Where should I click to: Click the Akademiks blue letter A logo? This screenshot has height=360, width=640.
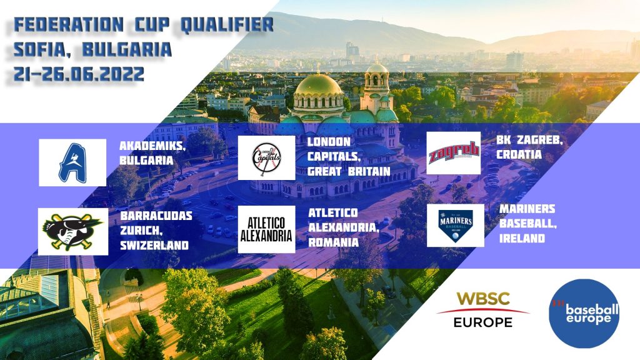(x=72, y=162)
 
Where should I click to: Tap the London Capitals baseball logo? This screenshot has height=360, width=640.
(x=266, y=158)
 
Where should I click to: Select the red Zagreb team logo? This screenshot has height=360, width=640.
(x=454, y=153)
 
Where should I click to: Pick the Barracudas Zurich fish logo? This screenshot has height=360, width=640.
(x=72, y=231)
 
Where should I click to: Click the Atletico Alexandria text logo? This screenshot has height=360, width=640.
(x=266, y=229)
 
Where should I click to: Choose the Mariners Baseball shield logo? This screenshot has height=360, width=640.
(x=456, y=226)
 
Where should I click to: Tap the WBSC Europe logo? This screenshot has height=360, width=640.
(x=483, y=310)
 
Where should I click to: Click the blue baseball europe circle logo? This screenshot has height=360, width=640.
(x=584, y=314)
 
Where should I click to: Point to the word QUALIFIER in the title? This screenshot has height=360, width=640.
(x=227, y=25)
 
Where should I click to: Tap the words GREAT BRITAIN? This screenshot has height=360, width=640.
(x=349, y=171)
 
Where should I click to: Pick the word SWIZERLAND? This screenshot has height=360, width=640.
(x=154, y=245)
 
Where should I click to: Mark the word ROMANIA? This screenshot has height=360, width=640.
(x=334, y=242)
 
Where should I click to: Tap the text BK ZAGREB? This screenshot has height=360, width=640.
(x=529, y=141)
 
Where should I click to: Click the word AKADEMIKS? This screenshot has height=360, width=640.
(x=152, y=146)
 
